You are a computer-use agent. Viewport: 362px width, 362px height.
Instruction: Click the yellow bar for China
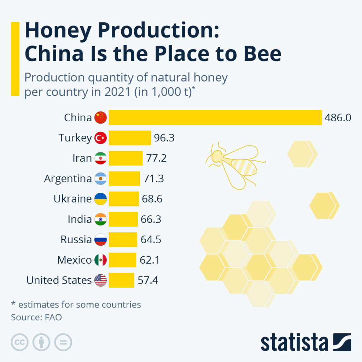pyautogui.click(x=215, y=117)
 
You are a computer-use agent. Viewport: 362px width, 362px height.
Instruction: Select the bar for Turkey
pyautogui.click(x=130, y=138)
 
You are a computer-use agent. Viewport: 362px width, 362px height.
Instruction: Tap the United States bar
pyautogui.click(x=121, y=280)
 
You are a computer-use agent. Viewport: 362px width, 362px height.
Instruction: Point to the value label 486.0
pyautogui.click(x=338, y=117)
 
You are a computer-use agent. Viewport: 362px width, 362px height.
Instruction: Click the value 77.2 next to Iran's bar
pyautogui.click(x=156, y=158)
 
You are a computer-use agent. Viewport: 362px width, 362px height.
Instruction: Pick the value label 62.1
pyautogui.click(x=150, y=260)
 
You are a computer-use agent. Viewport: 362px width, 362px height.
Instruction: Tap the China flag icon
pyautogui.click(x=100, y=117)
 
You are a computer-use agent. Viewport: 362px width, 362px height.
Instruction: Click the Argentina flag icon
pyautogui.click(x=100, y=179)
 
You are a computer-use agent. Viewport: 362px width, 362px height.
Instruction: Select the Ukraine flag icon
pyautogui.click(x=100, y=199)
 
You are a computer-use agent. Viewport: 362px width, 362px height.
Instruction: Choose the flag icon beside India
pyautogui.click(x=100, y=220)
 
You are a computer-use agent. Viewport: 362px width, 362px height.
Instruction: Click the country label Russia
pyautogui.click(x=76, y=240)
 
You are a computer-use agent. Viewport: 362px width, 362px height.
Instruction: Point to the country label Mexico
pyautogui.click(x=74, y=260)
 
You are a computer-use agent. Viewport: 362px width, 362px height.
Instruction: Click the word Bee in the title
pyautogui.click(x=262, y=53)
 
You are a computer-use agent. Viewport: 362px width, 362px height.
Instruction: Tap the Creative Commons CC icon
pyautogui.click(x=20, y=342)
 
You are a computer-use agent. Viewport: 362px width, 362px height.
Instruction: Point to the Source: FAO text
pyautogui.click(x=36, y=317)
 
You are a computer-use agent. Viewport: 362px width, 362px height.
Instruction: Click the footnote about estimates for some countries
pyautogui.click(x=76, y=304)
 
